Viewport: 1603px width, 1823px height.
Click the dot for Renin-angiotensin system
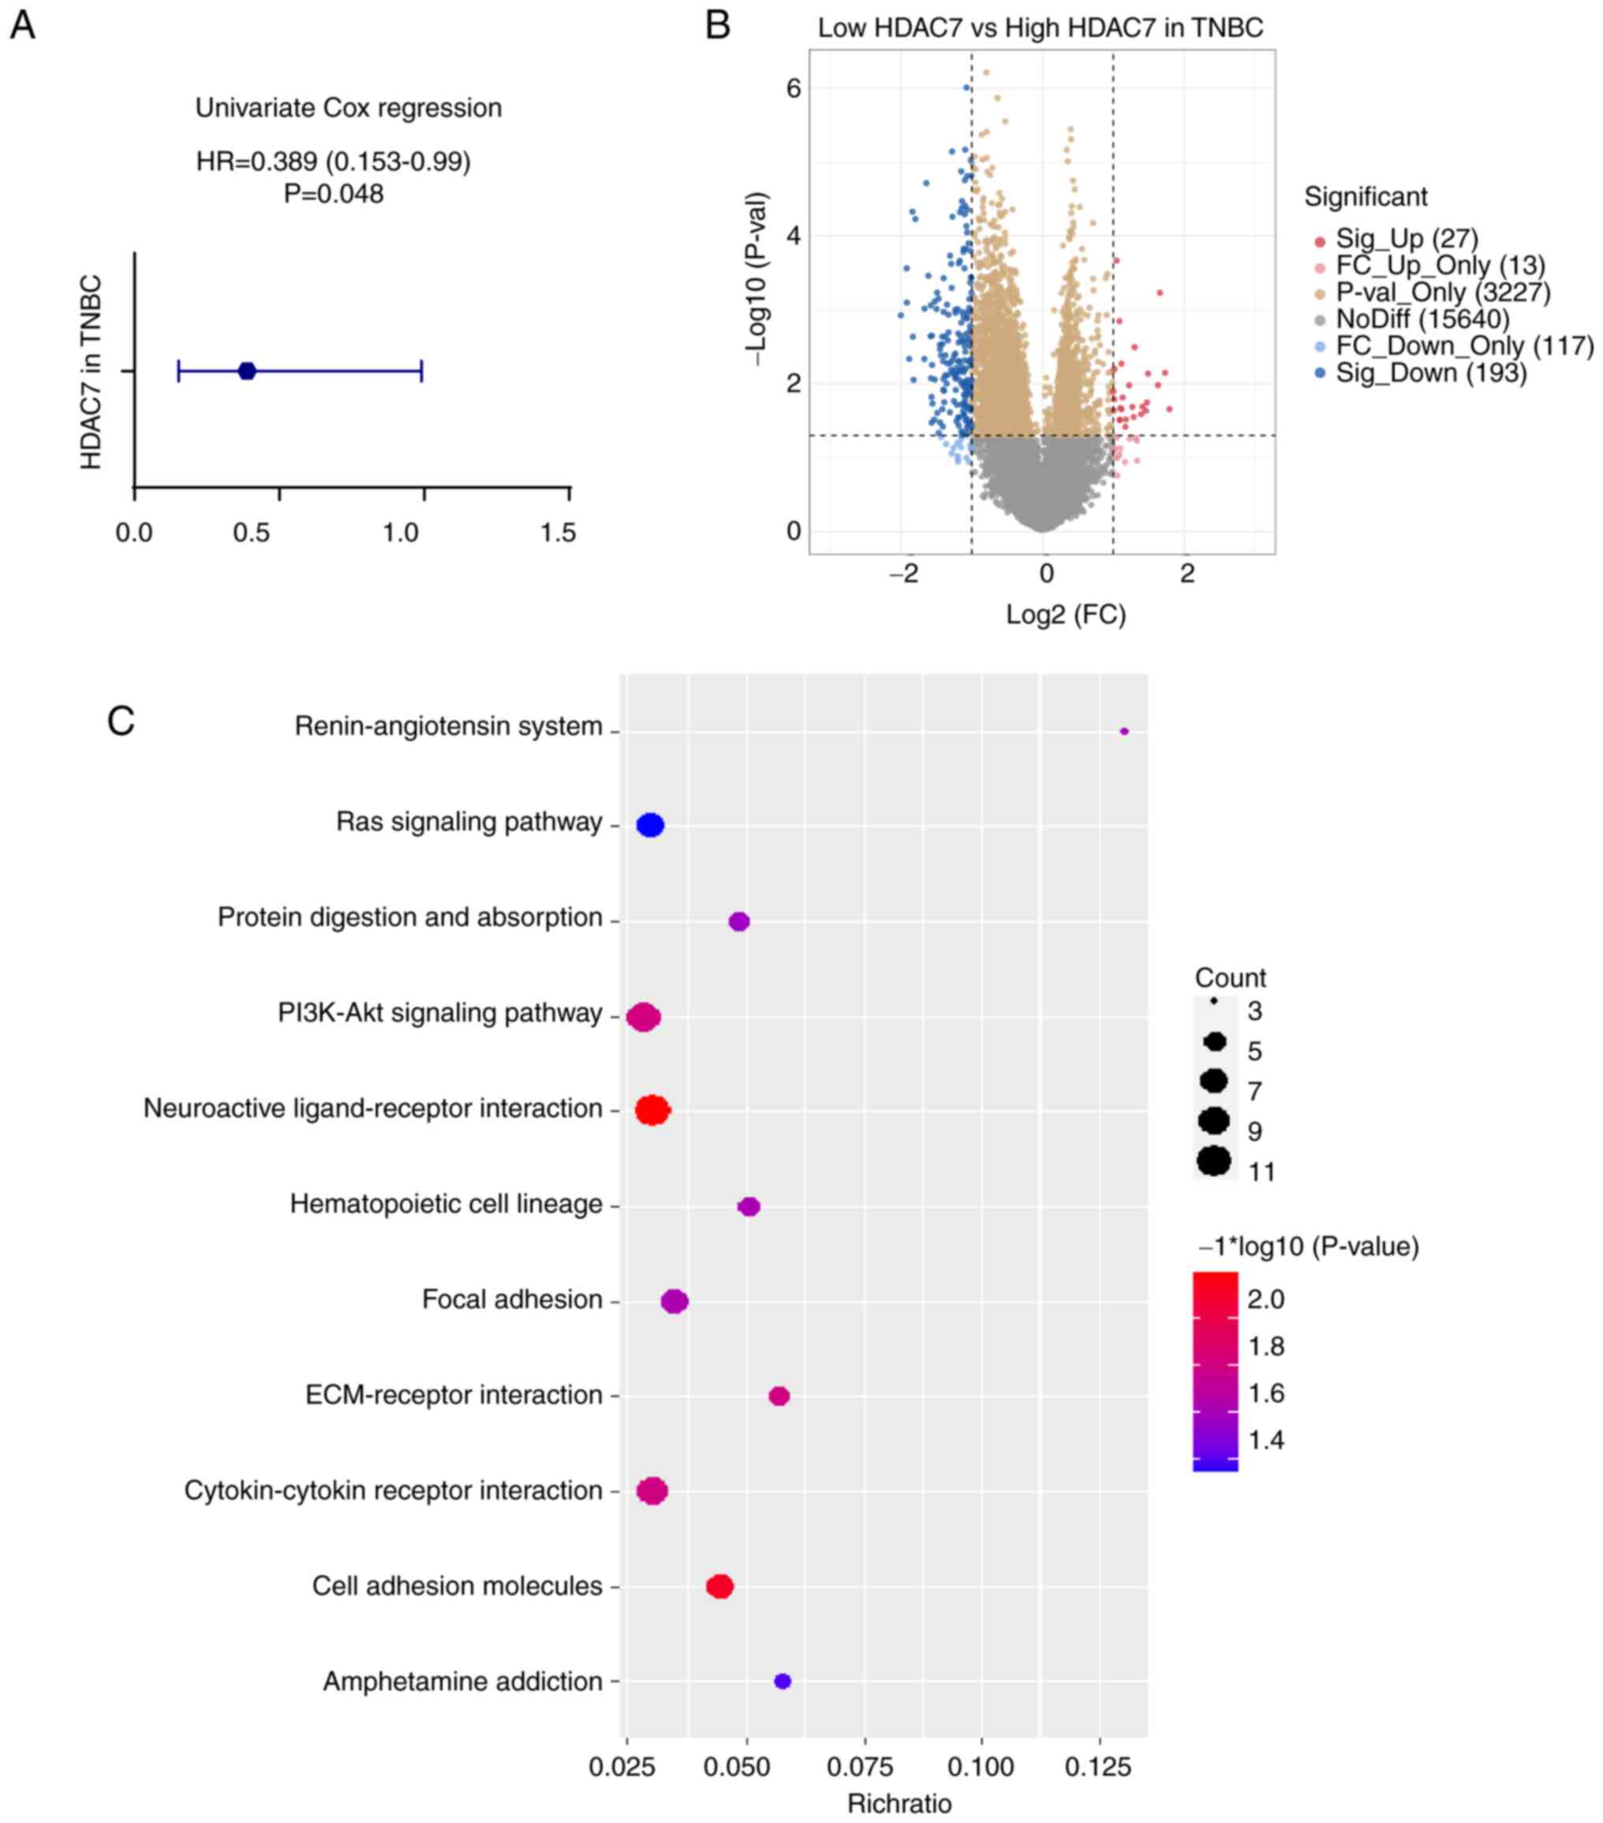pyautogui.click(x=1124, y=731)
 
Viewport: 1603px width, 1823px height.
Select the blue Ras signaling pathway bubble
pyautogui.click(x=650, y=825)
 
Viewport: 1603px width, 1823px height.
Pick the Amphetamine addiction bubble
pyautogui.click(x=783, y=1681)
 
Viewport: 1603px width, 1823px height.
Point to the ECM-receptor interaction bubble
pyautogui.click(x=779, y=1395)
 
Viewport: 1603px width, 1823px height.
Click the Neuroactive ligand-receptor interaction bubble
pyautogui.click(x=652, y=1111)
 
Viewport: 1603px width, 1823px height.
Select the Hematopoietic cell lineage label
pyautogui.click(x=446, y=1204)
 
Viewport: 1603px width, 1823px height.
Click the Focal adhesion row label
pyautogui.click(x=512, y=1299)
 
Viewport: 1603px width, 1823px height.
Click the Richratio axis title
pyautogui.click(x=899, y=1803)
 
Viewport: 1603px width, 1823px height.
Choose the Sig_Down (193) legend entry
pyautogui.click(x=1431, y=373)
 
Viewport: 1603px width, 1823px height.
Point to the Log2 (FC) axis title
pyautogui.click(x=1066, y=615)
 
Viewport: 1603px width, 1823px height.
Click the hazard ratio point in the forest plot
pyautogui.click(x=247, y=371)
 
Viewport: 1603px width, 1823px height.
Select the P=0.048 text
pyautogui.click(x=334, y=193)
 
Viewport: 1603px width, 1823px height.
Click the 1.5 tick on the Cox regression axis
pyautogui.click(x=559, y=533)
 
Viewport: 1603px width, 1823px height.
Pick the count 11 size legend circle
pyautogui.click(x=1214, y=1161)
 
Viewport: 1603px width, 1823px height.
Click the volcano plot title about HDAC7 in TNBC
pyautogui.click(x=1040, y=28)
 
